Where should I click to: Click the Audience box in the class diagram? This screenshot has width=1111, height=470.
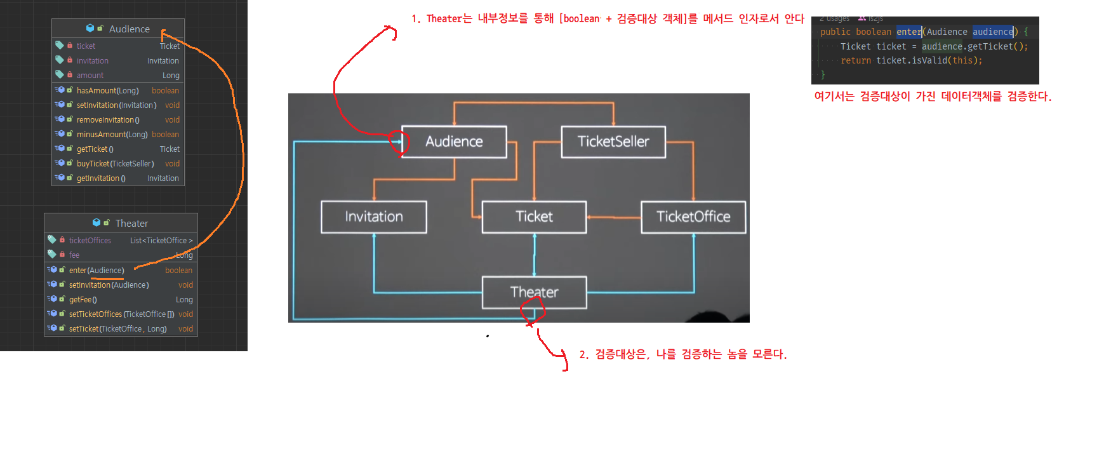(454, 142)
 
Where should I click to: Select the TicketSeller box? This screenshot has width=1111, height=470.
(613, 142)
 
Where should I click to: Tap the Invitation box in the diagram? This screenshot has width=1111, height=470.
(374, 217)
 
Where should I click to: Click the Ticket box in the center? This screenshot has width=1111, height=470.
(534, 217)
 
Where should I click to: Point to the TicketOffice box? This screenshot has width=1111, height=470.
(693, 217)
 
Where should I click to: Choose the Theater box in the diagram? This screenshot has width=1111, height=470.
(534, 292)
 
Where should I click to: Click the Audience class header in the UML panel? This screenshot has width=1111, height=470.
(129, 29)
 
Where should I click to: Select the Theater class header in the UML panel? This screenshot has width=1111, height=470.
(131, 224)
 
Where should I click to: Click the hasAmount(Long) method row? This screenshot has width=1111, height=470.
(107, 91)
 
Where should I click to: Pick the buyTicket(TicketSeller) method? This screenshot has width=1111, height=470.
(115, 164)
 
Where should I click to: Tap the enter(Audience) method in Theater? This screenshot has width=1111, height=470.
(96, 271)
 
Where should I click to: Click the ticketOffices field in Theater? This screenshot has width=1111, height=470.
(90, 241)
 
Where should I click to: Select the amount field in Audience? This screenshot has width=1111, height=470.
(90, 76)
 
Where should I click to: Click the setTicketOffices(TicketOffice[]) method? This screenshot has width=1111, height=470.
(121, 314)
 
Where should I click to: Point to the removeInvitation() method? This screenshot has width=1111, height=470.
(108, 120)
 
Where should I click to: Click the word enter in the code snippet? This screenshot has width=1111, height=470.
(908, 32)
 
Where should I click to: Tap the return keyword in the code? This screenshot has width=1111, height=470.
(856, 60)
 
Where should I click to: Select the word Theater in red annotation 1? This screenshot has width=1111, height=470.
(444, 19)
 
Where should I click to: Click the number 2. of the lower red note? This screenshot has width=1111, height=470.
(583, 354)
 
